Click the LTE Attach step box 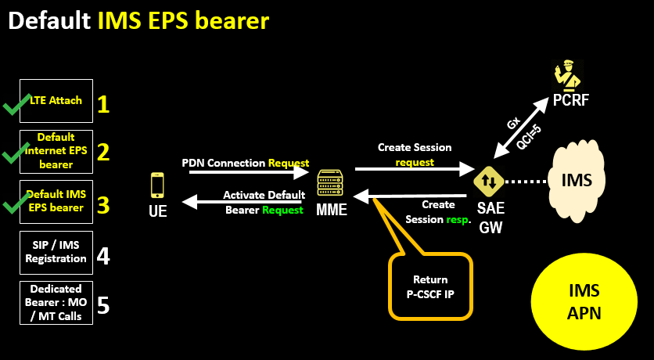click(x=56, y=101)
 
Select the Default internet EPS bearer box click(x=56, y=151)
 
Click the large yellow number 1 click(x=102, y=104)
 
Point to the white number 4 click(x=102, y=255)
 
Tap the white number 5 click(x=102, y=304)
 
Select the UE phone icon click(x=157, y=185)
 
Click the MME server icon click(x=330, y=185)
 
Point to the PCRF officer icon click(x=565, y=76)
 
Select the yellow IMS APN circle click(x=584, y=301)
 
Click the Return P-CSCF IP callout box click(x=430, y=286)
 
